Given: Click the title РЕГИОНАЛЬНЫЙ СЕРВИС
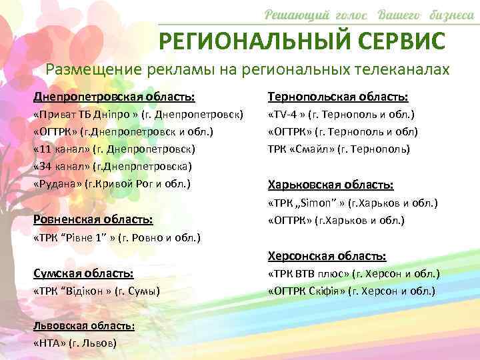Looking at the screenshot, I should click(x=301, y=41).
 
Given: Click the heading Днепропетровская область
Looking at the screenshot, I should click(x=115, y=97).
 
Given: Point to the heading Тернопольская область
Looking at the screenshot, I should click(x=337, y=97).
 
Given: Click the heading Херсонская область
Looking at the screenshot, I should click(x=327, y=255).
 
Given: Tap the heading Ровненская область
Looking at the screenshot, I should click(x=93, y=219).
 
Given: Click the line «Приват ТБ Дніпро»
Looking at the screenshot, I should click(x=139, y=115).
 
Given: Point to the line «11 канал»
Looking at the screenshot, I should click(x=114, y=149).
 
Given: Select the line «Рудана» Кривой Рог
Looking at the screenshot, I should click(x=112, y=183).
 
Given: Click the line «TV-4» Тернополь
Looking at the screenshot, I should click(x=341, y=115).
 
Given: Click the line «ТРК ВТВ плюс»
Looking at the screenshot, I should click(x=353, y=274).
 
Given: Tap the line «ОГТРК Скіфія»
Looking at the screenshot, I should click(x=351, y=291).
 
